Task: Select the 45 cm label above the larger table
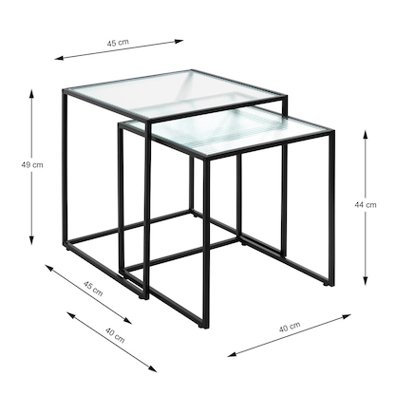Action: (x=118, y=44)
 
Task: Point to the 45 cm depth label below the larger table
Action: (x=92, y=290)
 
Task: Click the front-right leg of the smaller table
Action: (x=330, y=209)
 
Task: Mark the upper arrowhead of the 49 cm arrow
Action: (x=34, y=93)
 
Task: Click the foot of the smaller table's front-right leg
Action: (x=330, y=282)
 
